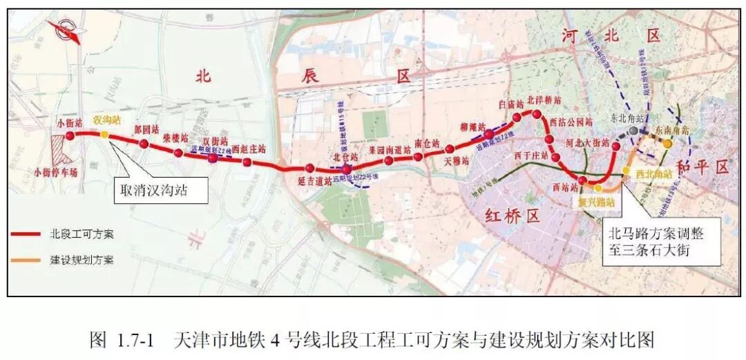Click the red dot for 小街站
(69, 134)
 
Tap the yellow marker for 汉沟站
(104, 134)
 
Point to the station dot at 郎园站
(144, 144)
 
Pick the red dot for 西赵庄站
(247, 162)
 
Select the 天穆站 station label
(457, 160)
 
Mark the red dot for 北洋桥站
(535, 113)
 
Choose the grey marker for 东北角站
(633, 130)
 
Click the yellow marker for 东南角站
(668, 144)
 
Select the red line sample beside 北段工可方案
(28, 234)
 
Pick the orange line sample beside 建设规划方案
(28, 260)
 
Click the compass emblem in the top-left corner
(63, 31)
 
